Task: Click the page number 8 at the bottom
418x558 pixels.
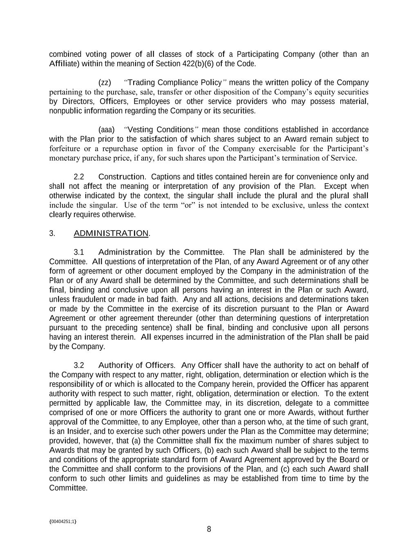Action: coord(209,529)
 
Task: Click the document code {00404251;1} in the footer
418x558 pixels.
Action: coord(63,522)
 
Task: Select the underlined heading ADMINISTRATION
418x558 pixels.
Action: coord(111,233)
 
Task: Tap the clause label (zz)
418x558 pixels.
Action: coord(105,83)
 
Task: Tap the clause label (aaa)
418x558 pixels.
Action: coord(106,130)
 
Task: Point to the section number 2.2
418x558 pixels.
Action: coord(79,177)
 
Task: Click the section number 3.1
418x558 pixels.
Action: coord(79,252)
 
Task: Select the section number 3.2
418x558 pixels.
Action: coord(79,365)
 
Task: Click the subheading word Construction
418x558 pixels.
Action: coord(122,177)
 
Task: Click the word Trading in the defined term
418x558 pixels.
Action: coord(141,83)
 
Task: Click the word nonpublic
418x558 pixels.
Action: coord(65,111)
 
